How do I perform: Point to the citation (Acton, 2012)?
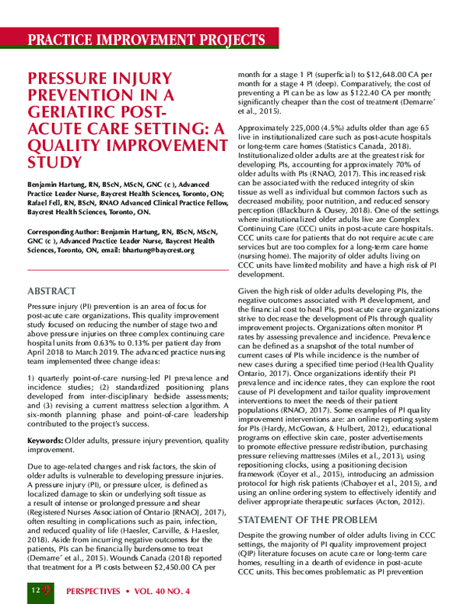[396, 503]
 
